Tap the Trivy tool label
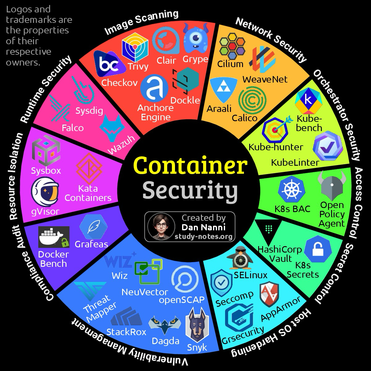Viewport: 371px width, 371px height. [138, 66]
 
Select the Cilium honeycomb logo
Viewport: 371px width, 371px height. [232, 46]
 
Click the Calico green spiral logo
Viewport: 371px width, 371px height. [252, 100]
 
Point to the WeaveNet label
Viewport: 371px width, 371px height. [265, 79]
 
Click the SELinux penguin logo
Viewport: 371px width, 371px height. [240, 258]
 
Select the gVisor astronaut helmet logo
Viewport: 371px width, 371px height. [45, 192]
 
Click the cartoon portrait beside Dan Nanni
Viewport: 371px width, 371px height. [161, 226]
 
